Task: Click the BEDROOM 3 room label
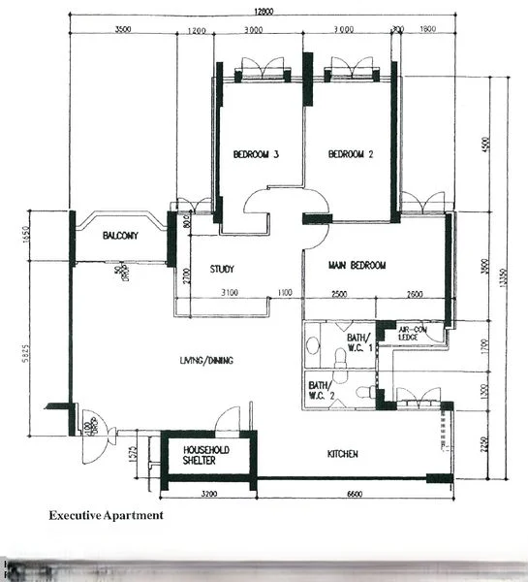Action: tap(256, 154)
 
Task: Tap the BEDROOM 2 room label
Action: tap(351, 154)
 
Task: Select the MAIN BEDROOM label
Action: tap(358, 265)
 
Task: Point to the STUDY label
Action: tap(222, 270)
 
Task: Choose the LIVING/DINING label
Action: tap(206, 361)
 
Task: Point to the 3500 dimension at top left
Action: tap(122, 30)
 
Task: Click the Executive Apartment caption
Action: tap(107, 516)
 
